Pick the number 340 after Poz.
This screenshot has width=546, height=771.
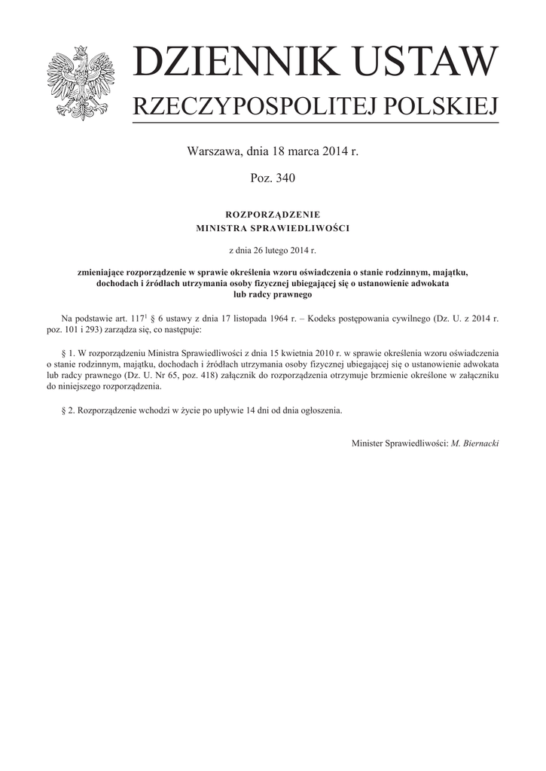[x=285, y=178]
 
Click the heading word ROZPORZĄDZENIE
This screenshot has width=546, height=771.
[x=273, y=215]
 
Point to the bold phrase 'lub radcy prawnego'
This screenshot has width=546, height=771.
[x=273, y=295]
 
